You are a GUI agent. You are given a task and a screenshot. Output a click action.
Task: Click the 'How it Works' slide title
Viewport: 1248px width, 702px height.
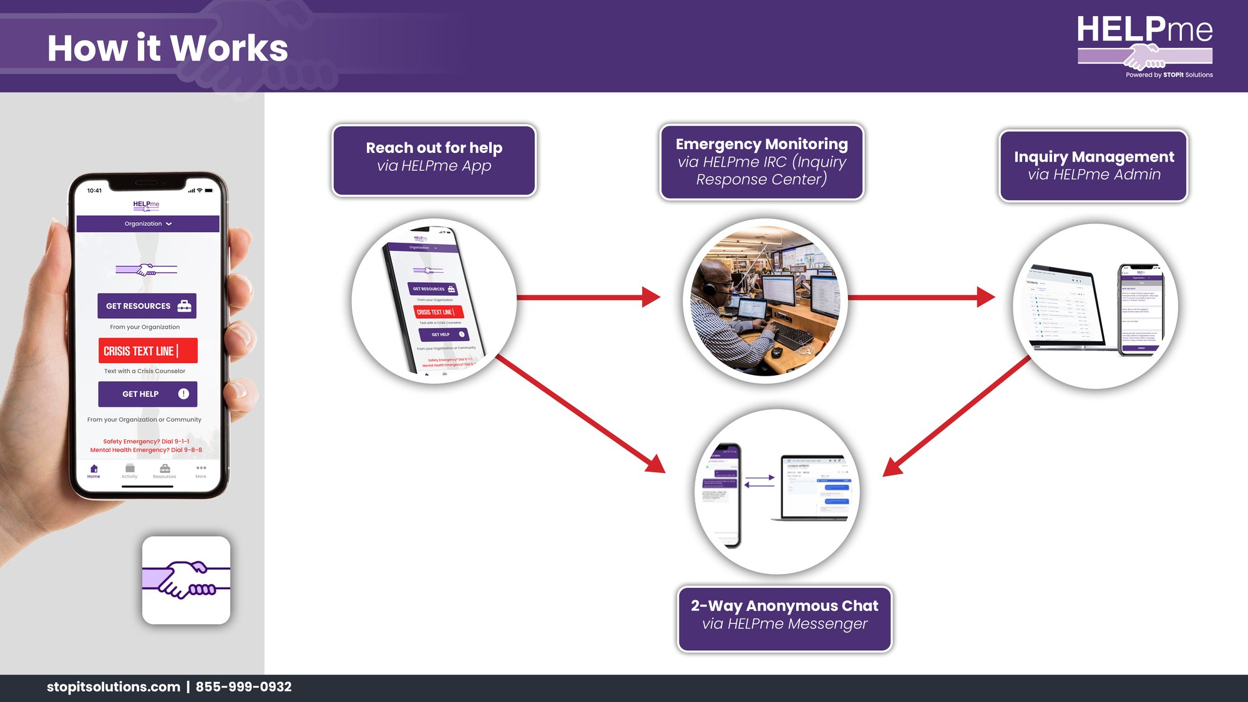click(x=167, y=48)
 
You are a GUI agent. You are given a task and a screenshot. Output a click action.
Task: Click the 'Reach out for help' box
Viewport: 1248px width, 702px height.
click(x=434, y=160)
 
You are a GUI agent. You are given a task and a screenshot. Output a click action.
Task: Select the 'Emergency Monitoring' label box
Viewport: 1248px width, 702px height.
click(x=761, y=162)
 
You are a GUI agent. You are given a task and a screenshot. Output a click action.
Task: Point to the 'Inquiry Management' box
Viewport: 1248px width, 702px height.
click(x=1093, y=165)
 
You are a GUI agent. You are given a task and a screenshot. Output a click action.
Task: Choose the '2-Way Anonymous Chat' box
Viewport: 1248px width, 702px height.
click(x=784, y=618)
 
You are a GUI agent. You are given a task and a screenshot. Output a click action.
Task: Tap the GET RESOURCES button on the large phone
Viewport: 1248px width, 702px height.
click(x=147, y=306)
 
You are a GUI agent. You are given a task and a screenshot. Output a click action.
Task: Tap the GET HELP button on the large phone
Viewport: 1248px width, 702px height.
click(x=147, y=394)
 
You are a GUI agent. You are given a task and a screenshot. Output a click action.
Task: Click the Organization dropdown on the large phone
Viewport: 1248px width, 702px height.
click(x=148, y=223)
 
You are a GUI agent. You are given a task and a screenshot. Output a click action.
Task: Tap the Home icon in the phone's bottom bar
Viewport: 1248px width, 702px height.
click(x=94, y=470)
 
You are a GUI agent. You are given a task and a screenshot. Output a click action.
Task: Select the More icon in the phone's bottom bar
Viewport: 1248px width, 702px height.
click(x=201, y=470)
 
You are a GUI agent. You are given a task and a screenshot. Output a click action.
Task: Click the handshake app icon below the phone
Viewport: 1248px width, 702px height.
click(x=186, y=580)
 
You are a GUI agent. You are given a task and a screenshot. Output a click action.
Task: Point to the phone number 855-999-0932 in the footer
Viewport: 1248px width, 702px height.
click(x=243, y=686)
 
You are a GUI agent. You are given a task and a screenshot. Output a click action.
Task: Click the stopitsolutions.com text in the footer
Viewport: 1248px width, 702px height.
click(x=113, y=686)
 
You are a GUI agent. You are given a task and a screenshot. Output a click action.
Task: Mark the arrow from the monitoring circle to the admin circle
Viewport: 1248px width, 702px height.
click(x=921, y=297)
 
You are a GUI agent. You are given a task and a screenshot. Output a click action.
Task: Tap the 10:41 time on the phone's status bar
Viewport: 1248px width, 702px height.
click(x=94, y=190)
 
